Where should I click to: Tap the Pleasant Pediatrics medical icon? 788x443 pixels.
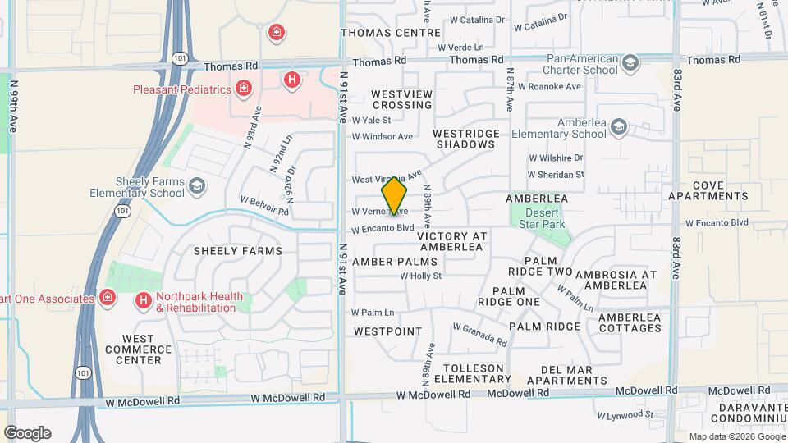[243, 88]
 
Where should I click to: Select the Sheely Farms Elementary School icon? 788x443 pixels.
[197, 187]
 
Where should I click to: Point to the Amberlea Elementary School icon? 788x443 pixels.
[618, 127]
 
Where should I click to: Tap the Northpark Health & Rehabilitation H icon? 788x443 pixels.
[144, 302]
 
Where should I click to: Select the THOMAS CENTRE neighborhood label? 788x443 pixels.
[391, 34]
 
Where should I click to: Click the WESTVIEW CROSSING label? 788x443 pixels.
[402, 100]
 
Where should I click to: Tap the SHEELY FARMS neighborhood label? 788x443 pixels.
[238, 251]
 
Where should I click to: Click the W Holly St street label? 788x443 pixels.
[421, 276]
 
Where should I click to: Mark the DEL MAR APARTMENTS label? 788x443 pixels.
[566, 375]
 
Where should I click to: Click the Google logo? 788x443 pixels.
[27, 433]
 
